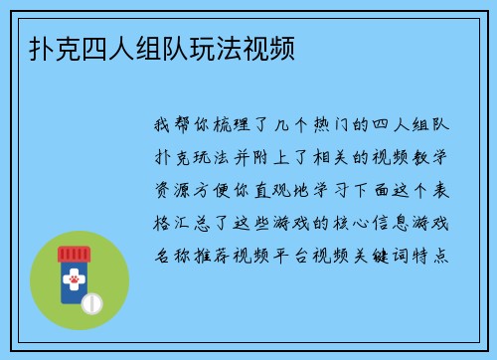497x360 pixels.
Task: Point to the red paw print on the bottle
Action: (x=73, y=281)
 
